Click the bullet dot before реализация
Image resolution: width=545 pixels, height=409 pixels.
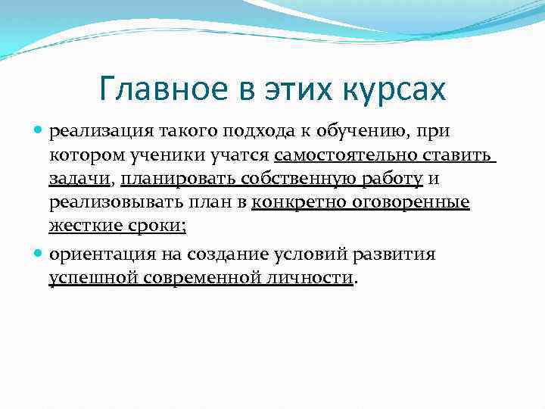40,132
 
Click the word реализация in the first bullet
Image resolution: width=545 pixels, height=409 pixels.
96,132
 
